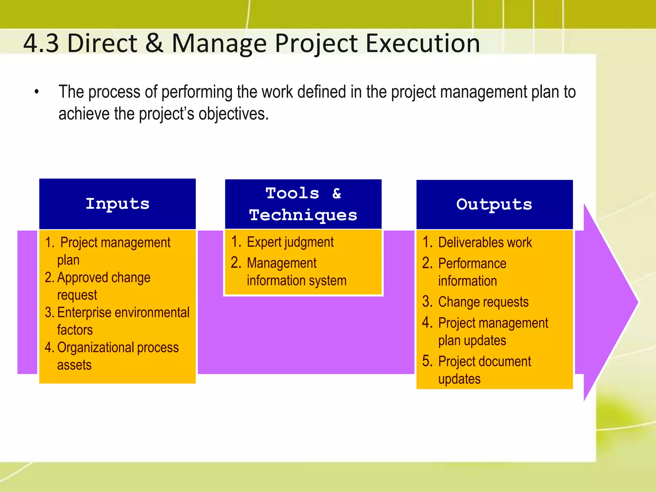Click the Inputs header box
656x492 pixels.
[x=117, y=204]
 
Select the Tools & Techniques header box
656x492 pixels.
[x=303, y=204]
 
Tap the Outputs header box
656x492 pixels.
[x=494, y=204]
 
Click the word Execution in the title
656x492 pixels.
[x=422, y=43]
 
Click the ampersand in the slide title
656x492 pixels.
[x=154, y=43]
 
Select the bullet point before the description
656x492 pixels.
[x=37, y=92]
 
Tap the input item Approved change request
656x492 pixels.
[x=103, y=286]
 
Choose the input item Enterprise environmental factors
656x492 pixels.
[x=123, y=321]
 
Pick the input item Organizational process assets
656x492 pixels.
[x=117, y=356]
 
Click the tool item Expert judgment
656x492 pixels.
[x=290, y=242]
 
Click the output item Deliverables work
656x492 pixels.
[x=484, y=242]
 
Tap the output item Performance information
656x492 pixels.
[x=472, y=272]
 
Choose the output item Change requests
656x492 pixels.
[x=483, y=302]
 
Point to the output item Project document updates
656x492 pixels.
[x=484, y=370]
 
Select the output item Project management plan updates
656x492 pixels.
[x=493, y=332]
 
